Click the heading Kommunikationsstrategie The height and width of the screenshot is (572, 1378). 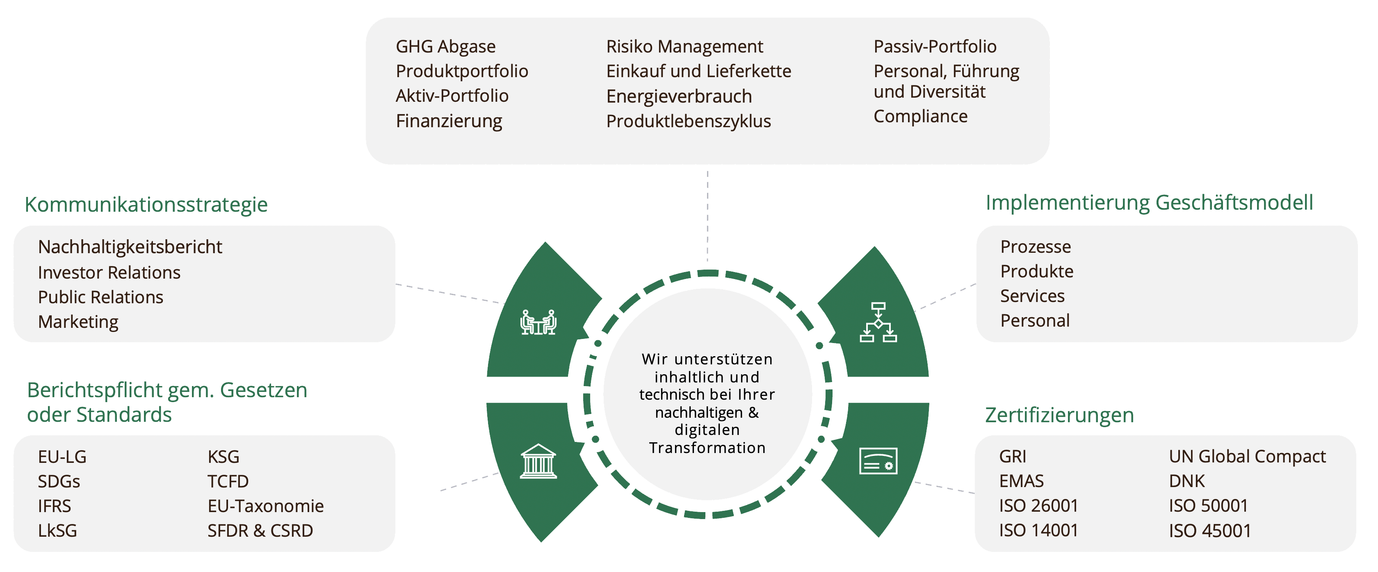(146, 204)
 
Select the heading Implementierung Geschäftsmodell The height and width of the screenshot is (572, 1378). (1149, 203)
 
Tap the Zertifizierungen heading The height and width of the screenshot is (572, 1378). (1059, 415)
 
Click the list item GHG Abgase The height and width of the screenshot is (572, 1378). (446, 46)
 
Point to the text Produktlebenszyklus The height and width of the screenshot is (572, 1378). (689, 121)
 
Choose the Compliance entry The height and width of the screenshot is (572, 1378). (920, 116)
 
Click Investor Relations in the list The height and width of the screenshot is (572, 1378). (109, 272)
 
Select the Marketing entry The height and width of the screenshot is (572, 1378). (78, 322)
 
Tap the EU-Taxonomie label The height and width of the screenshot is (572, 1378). (265, 506)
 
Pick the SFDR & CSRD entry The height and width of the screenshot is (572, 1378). (260, 530)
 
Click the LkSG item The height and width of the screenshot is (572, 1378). (57, 530)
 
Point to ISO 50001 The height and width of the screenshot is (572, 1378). (1208, 506)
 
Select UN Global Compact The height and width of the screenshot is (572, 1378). (1247, 456)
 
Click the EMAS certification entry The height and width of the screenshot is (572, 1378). (1021, 481)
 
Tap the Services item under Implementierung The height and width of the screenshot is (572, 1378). (1032, 296)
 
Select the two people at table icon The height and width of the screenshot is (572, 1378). (538, 322)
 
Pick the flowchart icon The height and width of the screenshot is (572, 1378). (878, 322)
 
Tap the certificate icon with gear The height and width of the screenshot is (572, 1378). (878, 461)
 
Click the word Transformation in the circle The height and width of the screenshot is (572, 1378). (707, 448)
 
